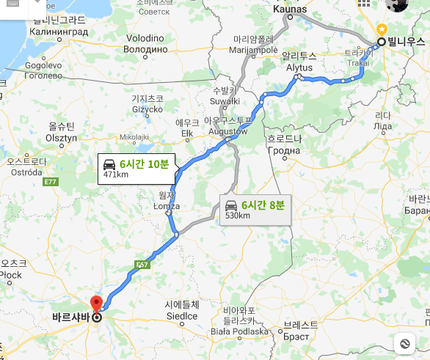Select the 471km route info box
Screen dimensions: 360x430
pos(137,168)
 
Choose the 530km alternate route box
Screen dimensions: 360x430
pos(253,210)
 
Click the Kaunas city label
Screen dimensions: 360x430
pos(288,10)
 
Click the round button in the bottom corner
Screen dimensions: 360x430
pos(404,343)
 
